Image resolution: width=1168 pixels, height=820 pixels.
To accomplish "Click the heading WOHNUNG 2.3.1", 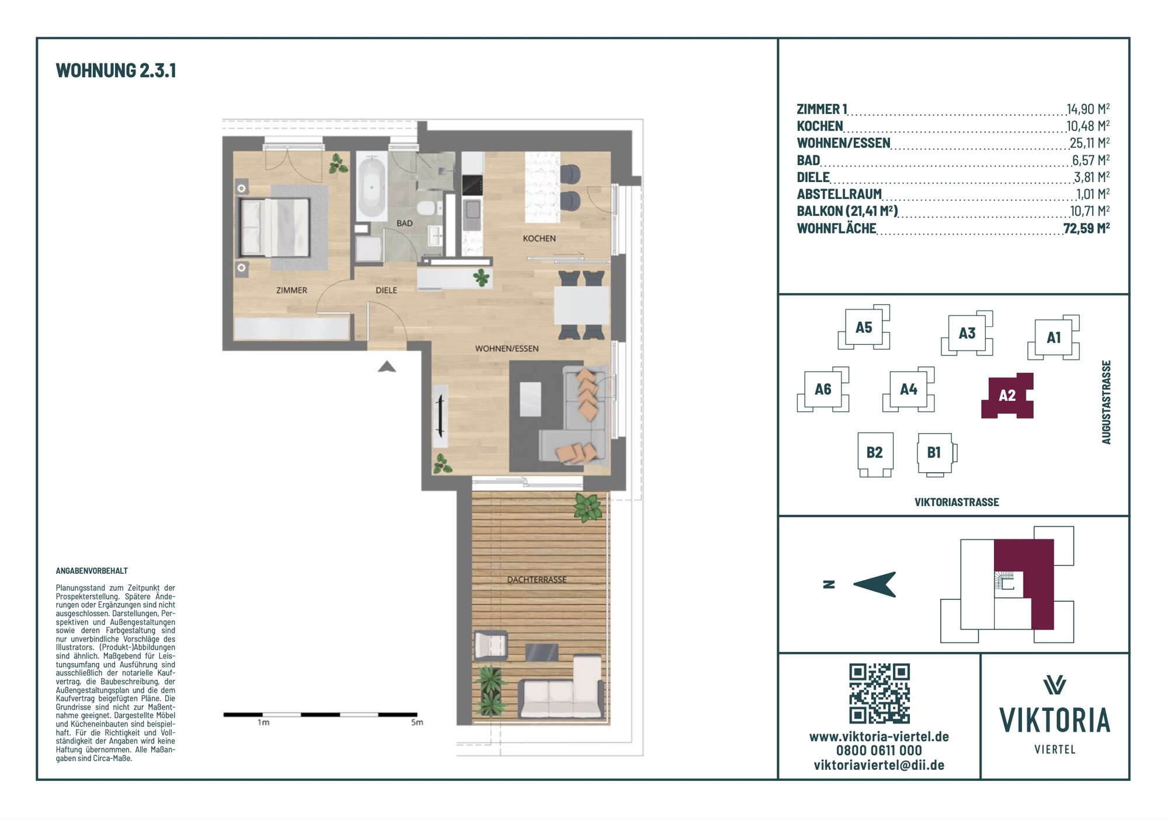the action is (x=116, y=71).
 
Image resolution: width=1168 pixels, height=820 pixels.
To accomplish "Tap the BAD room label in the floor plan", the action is (x=404, y=223).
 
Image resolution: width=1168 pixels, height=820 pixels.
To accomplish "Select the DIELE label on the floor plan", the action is (x=386, y=290).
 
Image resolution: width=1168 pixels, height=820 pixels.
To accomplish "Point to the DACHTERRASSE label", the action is (x=537, y=580).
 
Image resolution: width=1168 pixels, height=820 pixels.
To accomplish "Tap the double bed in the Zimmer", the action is (x=274, y=227).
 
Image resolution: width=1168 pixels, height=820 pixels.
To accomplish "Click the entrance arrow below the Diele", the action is (x=387, y=367).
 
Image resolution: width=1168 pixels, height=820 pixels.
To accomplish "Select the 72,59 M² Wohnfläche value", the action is (x=1086, y=228).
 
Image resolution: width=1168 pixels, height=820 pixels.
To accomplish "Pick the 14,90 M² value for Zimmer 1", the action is (x=1088, y=109).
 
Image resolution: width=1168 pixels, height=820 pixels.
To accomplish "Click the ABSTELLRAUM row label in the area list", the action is (x=839, y=194).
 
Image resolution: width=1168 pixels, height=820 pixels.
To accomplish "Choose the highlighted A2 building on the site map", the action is (x=1007, y=396).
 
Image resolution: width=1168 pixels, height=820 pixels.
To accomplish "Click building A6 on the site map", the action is (x=823, y=389).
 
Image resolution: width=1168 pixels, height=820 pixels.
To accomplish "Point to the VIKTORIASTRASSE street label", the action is (x=957, y=503).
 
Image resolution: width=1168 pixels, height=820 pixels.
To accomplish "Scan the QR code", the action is (x=880, y=693).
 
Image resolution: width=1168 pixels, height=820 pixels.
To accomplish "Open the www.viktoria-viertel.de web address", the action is (x=879, y=737).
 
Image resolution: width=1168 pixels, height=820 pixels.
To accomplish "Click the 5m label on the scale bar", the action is (x=417, y=723).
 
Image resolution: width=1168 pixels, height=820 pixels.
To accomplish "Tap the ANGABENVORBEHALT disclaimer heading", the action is (x=92, y=571).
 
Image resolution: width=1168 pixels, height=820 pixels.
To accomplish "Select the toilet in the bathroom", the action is (x=427, y=208).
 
